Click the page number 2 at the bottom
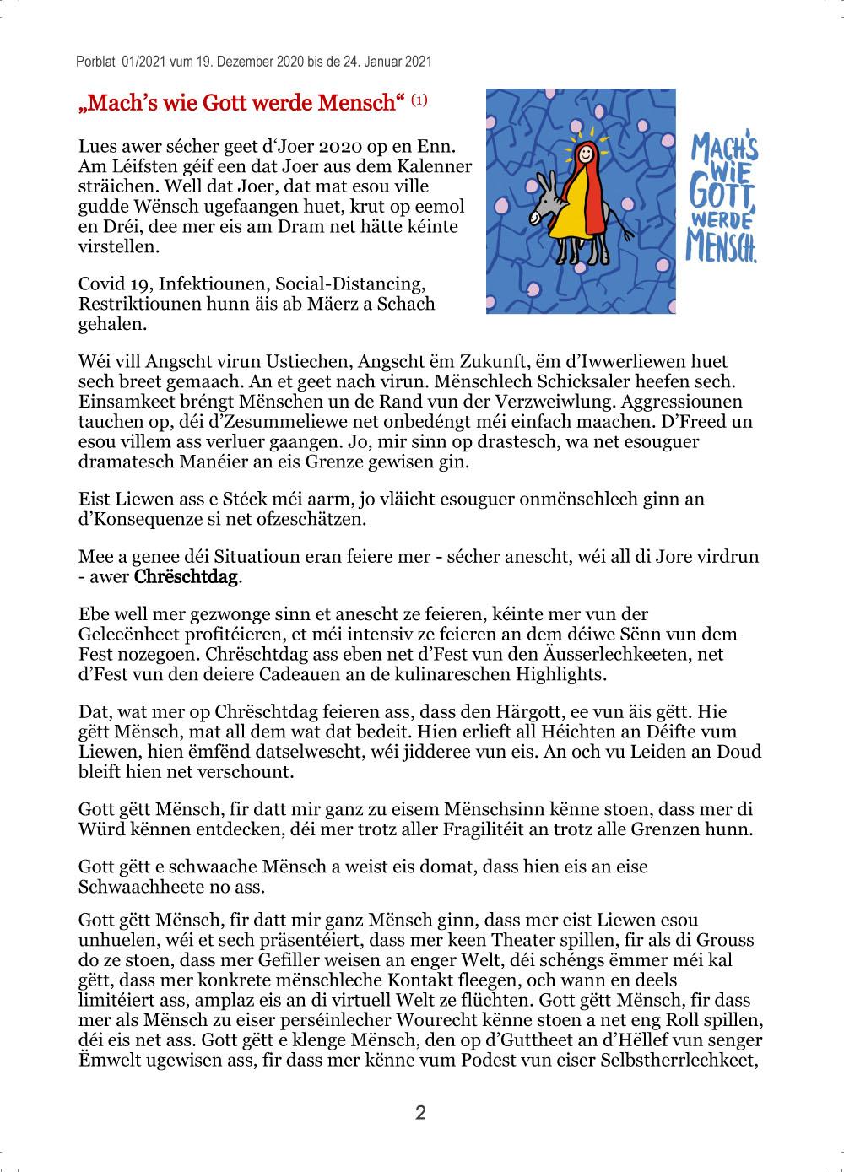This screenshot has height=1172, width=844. click(420, 1112)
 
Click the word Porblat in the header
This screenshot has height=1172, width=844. click(95, 62)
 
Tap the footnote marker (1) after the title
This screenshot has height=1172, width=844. click(419, 100)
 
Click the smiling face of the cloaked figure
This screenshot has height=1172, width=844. click(585, 154)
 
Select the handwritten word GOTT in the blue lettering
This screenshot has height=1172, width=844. click(722, 190)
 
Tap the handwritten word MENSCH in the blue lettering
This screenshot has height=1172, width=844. click(722, 246)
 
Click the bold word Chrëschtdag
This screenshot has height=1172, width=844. click(186, 577)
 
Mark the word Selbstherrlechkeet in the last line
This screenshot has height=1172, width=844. click(678, 1060)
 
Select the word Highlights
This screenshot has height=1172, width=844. click(560, 674)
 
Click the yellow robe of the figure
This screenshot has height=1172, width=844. click(567, 215)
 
